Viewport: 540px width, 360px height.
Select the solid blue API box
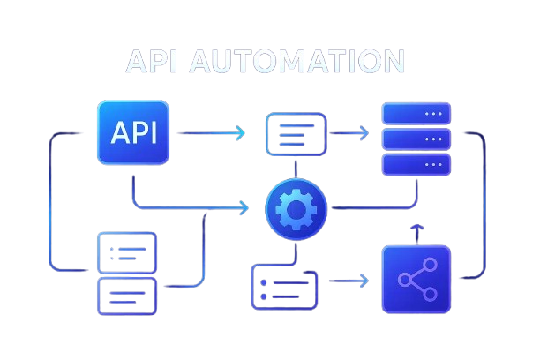point(132,132)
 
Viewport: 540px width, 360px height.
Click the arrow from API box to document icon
point(212,133)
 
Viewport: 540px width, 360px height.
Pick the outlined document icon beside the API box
point(296,134)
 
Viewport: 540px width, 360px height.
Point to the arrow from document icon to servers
point(349,134)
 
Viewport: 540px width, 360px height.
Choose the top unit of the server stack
point(416,114)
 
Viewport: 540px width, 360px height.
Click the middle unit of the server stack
point(416,139)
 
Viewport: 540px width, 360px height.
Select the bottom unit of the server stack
point(416,164)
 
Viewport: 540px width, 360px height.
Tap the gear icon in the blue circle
point(296,208)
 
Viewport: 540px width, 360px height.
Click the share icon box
point(416,280)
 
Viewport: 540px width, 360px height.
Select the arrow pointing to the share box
point(349,281)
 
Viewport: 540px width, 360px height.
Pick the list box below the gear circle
point(284,287)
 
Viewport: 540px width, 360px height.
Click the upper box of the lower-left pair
point(127,252)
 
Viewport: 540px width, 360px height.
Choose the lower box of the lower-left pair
point(127,296)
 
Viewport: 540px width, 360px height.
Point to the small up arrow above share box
point(416,232)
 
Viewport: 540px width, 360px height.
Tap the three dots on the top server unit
point(433,114)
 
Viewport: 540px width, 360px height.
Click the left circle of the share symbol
point(404,281)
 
